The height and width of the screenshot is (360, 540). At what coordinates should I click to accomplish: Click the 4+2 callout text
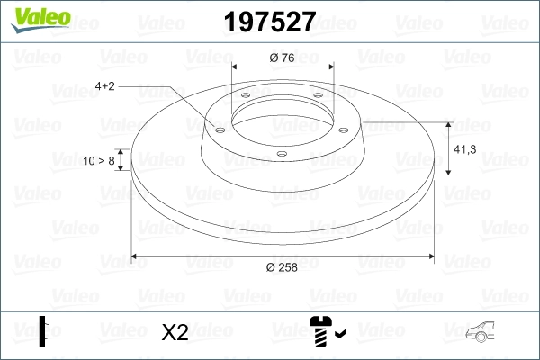pyautogui.click(x=104, y=86)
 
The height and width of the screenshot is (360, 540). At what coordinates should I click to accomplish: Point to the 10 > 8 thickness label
pyautogui.click(x=98, y=160)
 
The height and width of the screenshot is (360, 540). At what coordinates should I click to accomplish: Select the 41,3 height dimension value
pyautogui.click(x=465, y=149)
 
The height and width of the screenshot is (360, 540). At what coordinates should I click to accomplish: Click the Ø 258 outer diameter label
pyautogui.click(x=283, y=266)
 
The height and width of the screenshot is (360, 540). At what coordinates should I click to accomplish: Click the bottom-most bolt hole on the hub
pyautogui.click(x=282, y=154)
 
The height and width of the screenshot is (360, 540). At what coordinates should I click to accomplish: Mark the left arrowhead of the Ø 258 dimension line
pyautogui.click(x=136, y=256)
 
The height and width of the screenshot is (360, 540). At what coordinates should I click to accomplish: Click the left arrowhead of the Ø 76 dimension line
pyautogui.click(x=236, y=67)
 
